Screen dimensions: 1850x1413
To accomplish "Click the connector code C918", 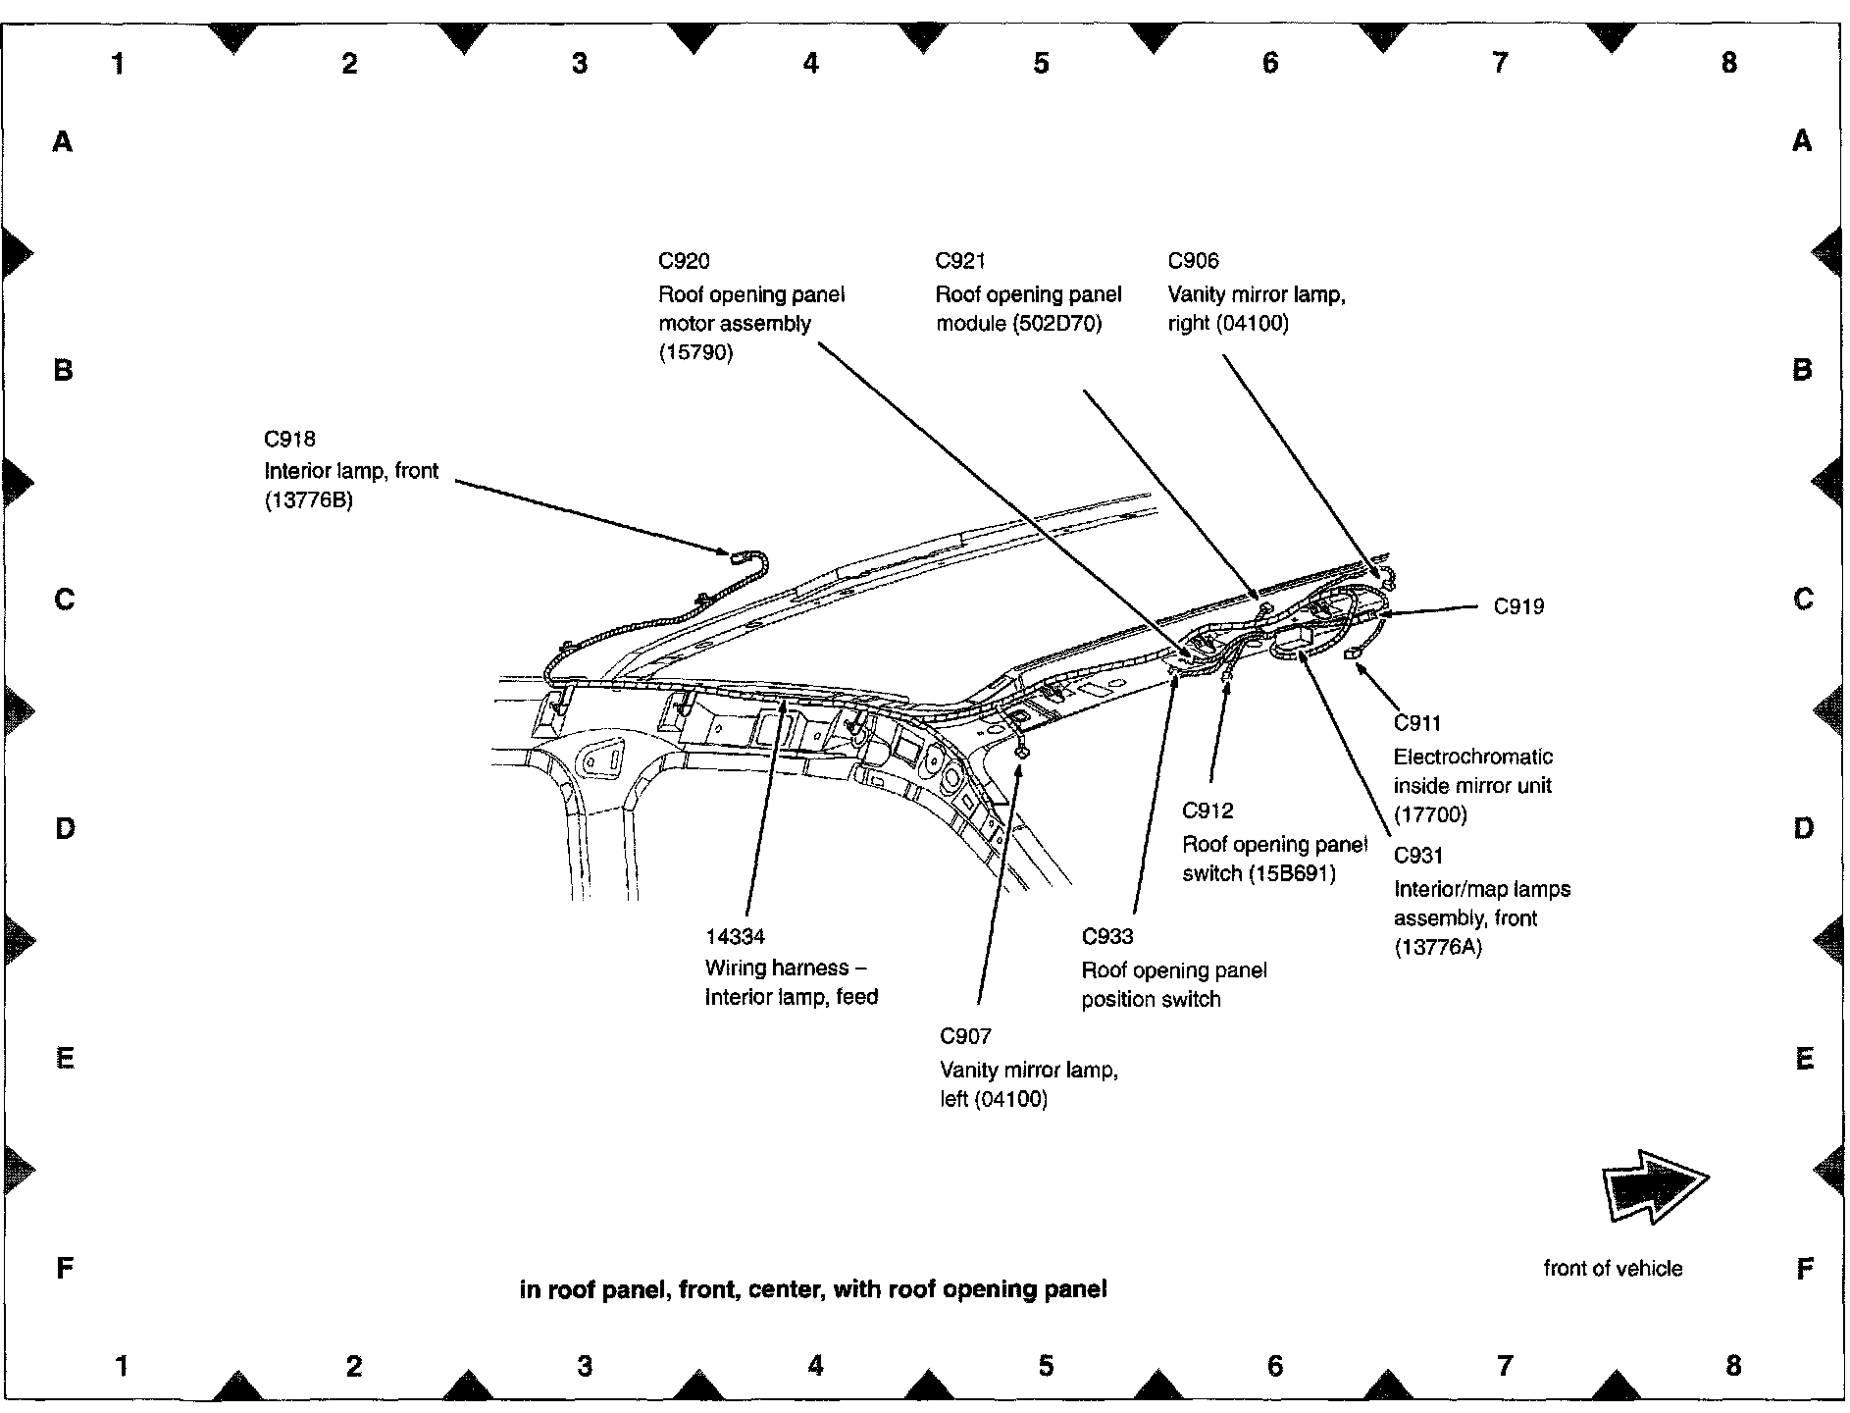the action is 289,440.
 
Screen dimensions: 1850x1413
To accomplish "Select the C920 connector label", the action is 684,261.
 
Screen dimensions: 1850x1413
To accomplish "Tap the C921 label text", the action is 960,261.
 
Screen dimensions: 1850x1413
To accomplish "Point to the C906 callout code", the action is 1193,261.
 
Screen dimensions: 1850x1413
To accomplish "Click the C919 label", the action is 1518,606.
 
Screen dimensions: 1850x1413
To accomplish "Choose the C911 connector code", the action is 1417,723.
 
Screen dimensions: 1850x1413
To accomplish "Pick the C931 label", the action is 1418,856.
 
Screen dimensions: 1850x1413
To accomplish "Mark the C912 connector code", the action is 1208,811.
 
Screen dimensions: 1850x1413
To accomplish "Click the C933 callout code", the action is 1107,937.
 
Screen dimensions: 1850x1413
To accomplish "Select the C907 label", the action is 965,1036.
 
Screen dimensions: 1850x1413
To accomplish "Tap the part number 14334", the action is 735,937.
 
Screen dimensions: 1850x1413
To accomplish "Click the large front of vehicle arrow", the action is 1655,1187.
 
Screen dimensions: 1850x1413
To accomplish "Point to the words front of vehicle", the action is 1613,1269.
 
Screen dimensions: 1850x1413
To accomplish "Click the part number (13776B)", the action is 308,500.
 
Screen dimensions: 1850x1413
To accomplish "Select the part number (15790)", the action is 695,353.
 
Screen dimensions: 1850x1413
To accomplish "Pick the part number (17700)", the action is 1430,814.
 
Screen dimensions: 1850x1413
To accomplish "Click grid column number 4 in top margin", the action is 810,64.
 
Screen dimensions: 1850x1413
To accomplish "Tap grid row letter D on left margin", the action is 65,829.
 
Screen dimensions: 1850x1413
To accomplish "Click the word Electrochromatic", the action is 1473,757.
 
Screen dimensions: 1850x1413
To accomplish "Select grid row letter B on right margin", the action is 1802,370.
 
